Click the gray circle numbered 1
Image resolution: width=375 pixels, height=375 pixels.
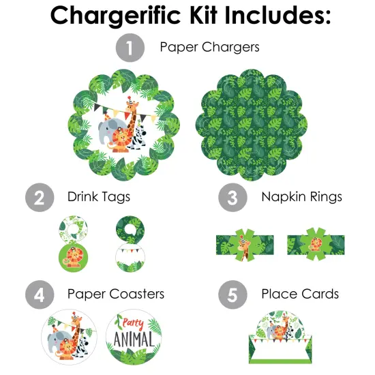(x=130, y=48)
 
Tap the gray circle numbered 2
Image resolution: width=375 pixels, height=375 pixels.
(x=40, y=198)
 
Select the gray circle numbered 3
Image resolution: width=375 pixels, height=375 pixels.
(x=232, y=198)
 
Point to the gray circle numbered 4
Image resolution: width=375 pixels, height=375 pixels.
(x=40, y=295)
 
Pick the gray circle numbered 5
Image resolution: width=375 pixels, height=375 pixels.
(x=232, y=295)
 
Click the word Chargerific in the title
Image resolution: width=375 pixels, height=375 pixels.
(x=120, y=15)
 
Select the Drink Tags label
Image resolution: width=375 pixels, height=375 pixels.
(x=99, y=198)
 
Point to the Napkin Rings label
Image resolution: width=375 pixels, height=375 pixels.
(x=301, y=198)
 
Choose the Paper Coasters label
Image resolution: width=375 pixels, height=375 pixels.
(x=116, y=295)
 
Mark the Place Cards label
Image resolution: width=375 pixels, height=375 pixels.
(x=300, y=295)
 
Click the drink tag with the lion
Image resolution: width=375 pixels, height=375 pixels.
(x=72, y=256)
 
